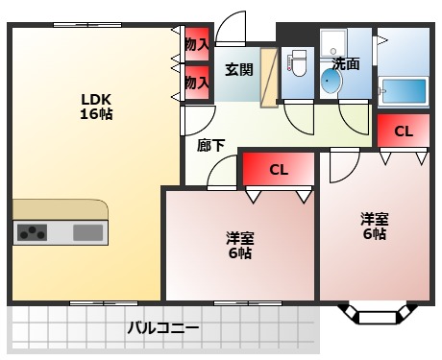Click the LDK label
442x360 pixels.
click(x=95, y=99)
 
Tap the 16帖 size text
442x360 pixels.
click(x=95, y=115)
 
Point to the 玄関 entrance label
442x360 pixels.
click(x=239, y=69)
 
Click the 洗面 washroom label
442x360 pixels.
click(x=346, y=64)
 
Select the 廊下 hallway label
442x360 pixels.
click(x=211, y=146)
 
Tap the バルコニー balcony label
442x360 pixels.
click(x=164, y=328)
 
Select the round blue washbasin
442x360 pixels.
click(x=331, y=83)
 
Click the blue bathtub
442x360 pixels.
click(x=403, y=93)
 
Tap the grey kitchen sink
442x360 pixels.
click(x=87, y=231)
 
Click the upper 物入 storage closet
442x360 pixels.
click(x=197, y=44)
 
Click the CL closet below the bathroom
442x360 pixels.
click(x=403, y=131)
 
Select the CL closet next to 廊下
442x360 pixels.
click(x=278, y=170)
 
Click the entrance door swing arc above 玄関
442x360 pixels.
click(x=232, y=27)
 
